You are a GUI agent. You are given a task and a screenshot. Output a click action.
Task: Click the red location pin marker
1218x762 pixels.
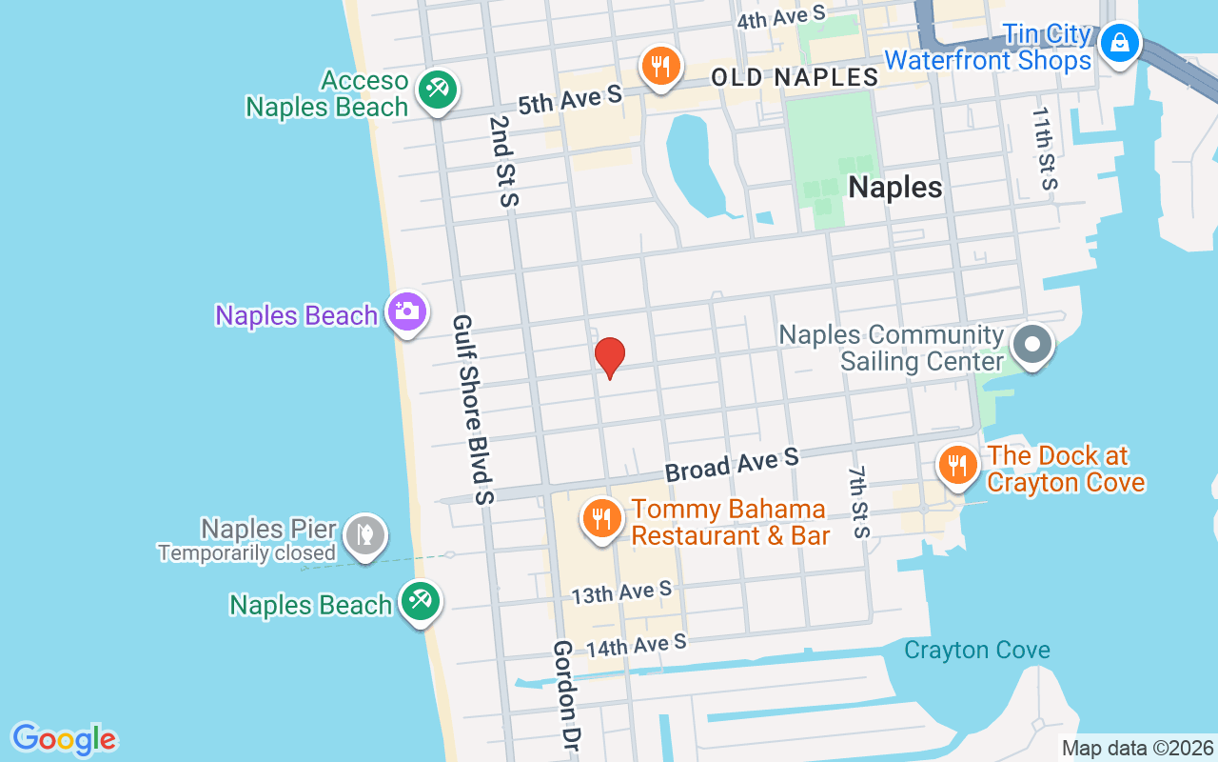pos(609,358)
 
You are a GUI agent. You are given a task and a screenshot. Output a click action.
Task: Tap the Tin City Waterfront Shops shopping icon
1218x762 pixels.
pos(1121,43)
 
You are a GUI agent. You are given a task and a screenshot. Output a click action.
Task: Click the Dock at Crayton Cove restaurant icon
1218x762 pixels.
pos(957,466)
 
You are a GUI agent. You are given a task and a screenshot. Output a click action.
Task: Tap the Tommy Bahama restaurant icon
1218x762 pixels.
pos(600,519)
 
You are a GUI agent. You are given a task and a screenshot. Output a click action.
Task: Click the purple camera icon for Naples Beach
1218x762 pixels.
pos(407,311)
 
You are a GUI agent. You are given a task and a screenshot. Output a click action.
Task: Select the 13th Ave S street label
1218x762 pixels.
pos(621,592)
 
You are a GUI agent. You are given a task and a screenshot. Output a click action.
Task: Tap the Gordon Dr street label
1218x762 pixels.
pos(569,694)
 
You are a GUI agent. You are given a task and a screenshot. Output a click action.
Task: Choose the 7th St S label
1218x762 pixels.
pos(859,502)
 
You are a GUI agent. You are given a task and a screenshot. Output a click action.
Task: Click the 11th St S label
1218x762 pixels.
pos(1045,148)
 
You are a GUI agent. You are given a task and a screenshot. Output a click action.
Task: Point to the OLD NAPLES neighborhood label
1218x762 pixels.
pos(795,77)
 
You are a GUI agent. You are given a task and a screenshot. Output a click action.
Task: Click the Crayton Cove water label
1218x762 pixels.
pos(976,651)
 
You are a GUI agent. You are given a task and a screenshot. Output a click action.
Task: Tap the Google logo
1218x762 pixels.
pos(64,739)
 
